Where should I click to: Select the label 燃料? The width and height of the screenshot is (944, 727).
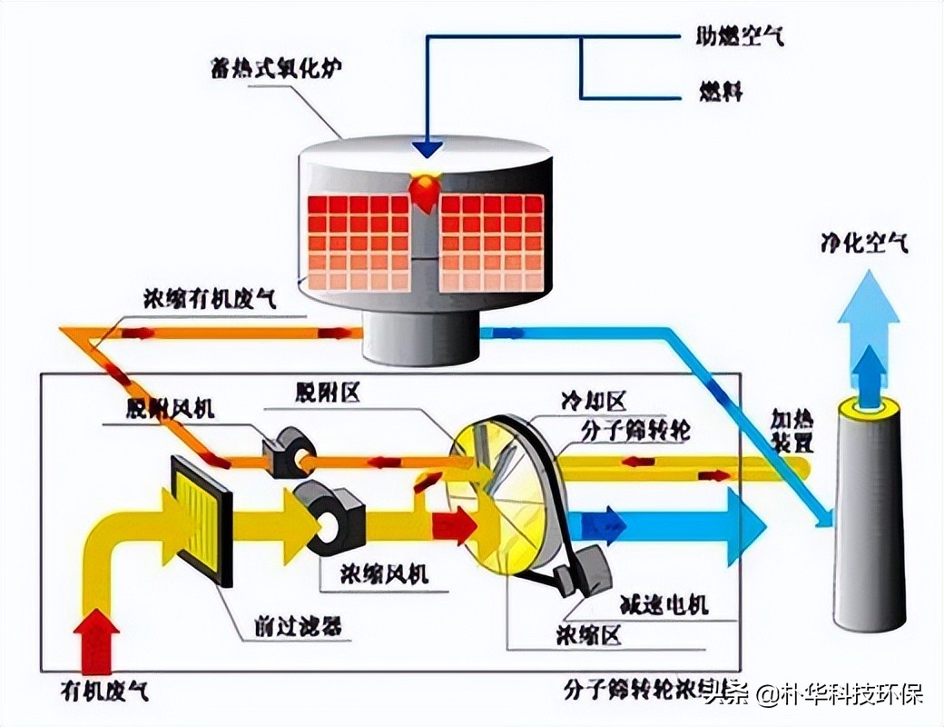pyautogui.click(x=721, y=92)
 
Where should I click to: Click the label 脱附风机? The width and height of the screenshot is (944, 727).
pyautogui.click(x=171, y=408)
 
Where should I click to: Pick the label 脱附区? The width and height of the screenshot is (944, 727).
pyautogui.click(x=328, y=392)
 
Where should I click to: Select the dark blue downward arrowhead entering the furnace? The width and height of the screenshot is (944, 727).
pyautogui.click(x=427, y=147)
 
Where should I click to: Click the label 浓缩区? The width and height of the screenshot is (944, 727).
pyautogui.click(x=589, y=635)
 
